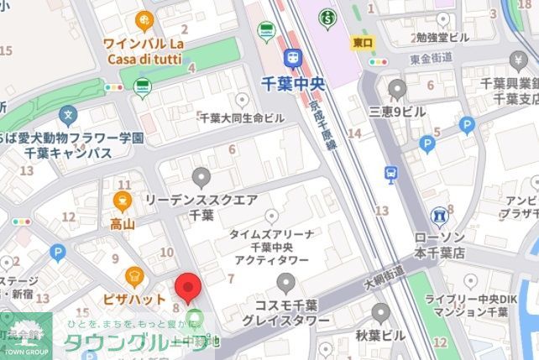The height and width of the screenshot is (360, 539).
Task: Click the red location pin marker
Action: [x=187, y=287]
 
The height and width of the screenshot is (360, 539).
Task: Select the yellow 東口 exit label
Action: [x=363, y=41]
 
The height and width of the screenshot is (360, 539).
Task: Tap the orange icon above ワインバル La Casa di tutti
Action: [x=144, y=20]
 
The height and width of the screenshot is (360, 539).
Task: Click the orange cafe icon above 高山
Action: [x=123, y=201]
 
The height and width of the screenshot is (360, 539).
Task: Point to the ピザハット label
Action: [x=133, y=299]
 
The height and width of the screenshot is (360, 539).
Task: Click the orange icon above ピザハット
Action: [x=133, y=275]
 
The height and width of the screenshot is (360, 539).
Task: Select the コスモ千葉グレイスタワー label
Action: [x=285, y=312]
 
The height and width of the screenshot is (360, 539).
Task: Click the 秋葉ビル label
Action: [x=380, y=336]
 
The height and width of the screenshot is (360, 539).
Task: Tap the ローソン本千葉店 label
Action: [x=439, y=244]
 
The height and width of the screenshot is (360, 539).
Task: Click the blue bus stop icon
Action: [x=390, y=174]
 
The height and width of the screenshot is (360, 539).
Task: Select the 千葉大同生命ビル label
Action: [x=241, y=118]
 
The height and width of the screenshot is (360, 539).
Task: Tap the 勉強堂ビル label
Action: [x=442, y=37]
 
